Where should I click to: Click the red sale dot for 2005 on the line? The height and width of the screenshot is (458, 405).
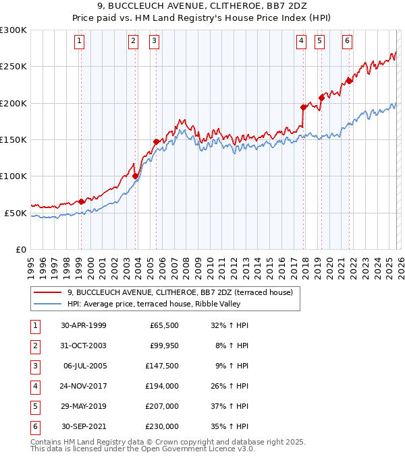pyautogui.click(x=156, y=141)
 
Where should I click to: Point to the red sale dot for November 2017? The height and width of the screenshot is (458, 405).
pyautogui.click(x=304, y=107)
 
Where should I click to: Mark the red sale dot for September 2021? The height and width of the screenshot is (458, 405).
pyautogui.click(x=350, y=81)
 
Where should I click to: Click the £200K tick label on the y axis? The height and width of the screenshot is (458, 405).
pyautogui.click(x=13, y=103)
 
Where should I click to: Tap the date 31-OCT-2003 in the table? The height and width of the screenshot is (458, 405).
pyautogui.click(x=84, y=346)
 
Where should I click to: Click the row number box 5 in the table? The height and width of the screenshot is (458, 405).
pyautogui.click(x=34, y=407)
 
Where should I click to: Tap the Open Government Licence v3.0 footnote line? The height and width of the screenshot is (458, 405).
pyautogui.click(x=142, y=449)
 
